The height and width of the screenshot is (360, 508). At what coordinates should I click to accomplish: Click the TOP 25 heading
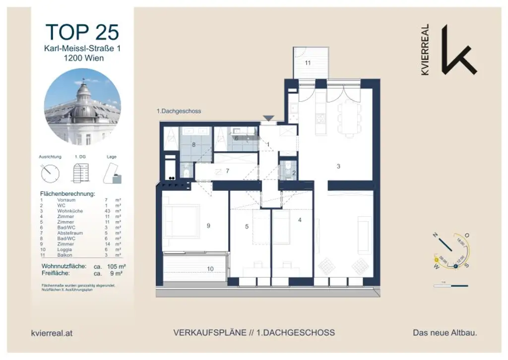tap(82, 32)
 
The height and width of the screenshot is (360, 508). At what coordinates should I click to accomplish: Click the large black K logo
tap(457, 50)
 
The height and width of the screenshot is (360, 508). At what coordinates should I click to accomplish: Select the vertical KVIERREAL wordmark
tap(425, 50)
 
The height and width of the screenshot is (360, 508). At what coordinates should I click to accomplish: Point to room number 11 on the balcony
tap(308, 63)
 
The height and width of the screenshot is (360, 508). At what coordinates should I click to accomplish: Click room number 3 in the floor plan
tap(338, 167)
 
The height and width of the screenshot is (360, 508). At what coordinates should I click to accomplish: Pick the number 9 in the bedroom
tap(208, 226)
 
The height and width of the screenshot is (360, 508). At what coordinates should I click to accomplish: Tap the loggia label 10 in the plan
tap(210, 269)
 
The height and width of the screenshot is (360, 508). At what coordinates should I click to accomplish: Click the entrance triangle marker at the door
tap(268, 118)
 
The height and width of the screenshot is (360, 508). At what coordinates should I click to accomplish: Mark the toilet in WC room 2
tap(286, 172)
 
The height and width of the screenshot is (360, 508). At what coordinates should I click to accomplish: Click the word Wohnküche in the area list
tap(66, 211)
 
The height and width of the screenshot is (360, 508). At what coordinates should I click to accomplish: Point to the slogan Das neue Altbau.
tap(445, 333)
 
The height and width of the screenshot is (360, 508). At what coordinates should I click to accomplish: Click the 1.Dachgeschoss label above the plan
tap(179, 112)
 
